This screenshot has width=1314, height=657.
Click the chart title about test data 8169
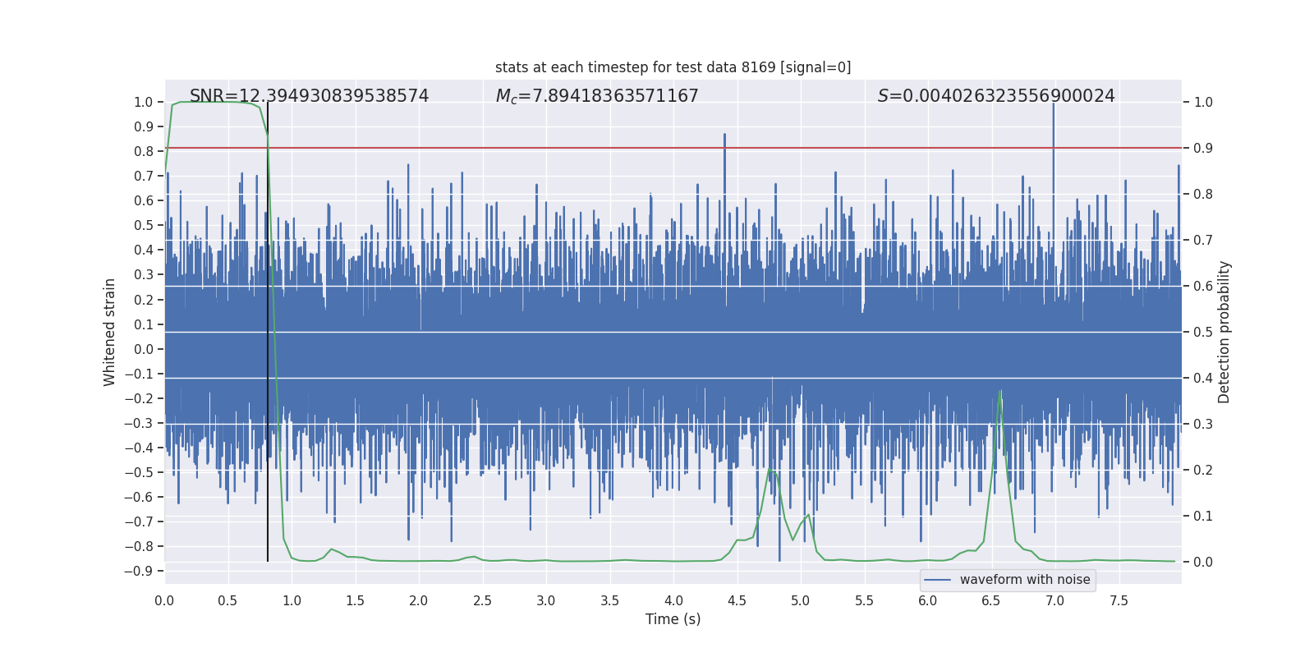pos(673,67)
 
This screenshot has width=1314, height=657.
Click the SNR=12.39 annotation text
pos(309,96)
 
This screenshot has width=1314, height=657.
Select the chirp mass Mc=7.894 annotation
pos(597,96)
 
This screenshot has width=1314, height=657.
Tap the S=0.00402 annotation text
pos(996,96)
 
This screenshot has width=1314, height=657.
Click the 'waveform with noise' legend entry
pos(1024,580)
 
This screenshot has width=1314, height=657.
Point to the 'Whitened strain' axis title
pos(110,332)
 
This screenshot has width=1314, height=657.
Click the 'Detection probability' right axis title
pos(1224,332)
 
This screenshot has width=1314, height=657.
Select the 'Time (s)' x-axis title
pos(673,619)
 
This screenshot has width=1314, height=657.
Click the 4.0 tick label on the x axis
pos(673,601)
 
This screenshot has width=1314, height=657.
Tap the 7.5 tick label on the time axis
pos(1119,601)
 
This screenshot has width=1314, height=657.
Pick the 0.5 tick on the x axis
pos(227,601)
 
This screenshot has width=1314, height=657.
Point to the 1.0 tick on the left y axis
pos(143,103)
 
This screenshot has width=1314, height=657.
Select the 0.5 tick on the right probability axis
pos(1203,333)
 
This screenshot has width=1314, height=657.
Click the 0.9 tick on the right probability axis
pos(1203,149)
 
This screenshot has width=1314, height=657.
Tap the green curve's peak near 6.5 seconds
pos(999,391)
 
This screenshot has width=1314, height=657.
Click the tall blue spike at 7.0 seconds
pos(1054,123)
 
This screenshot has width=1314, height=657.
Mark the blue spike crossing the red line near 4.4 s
pos(724,140)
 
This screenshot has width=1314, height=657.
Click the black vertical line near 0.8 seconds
pos(268,328)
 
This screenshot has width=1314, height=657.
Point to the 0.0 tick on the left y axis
pos(143,349)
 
